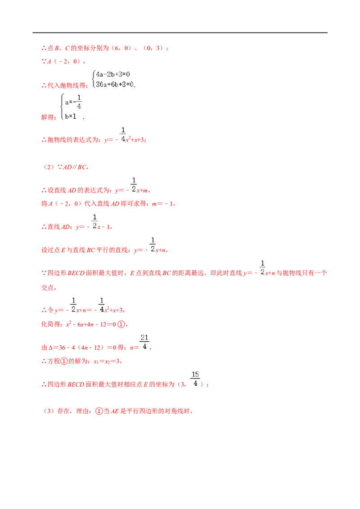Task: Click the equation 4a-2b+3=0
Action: [113, 74]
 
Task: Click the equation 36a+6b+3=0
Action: [115, 85]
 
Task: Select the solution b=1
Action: [71, 116]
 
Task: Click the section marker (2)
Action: [49, 167]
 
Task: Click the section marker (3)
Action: [49, 411]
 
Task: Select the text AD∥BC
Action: [75, 167]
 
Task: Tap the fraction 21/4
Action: [144, 342]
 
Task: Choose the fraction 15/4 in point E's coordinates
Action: [195, 379]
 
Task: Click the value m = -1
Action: [163, 204]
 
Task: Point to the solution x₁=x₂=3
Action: [107, 362]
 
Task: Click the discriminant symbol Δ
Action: [51, 348]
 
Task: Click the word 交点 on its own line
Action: [47, 288]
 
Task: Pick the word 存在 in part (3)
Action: [64, 411]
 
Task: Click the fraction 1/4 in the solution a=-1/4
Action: [79, 102]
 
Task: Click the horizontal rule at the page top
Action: [180, 33]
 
